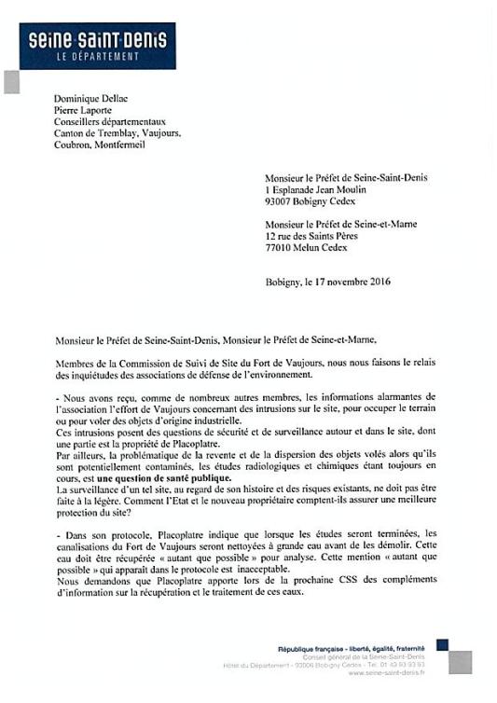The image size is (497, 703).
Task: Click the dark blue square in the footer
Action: [442, 645]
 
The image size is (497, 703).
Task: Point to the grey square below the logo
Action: [11, 82]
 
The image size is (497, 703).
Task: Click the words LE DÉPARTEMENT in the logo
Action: [97, 56]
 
